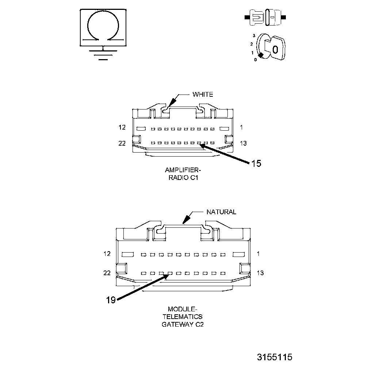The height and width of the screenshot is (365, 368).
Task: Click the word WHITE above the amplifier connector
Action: (x=203, y=95)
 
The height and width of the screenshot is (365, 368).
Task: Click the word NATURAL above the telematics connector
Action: (x=221, y=212)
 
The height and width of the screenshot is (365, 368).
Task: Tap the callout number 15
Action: (x=256, y=164)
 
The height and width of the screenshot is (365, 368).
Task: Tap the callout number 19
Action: (x=111, y=300)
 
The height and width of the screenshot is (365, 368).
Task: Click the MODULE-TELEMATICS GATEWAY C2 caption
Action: (x=183, y=316)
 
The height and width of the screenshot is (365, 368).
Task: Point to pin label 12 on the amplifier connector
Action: (x=122, y=127)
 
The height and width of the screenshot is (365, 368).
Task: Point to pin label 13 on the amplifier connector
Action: (x=243, y=143)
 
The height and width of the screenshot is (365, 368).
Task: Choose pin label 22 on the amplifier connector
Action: (x=122, y=143)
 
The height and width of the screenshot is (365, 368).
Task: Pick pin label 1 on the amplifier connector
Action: (x=241, y=127)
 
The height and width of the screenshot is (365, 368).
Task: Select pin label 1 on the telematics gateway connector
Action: (x=258, y=254)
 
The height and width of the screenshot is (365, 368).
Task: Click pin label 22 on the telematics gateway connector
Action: (x=107, y=273)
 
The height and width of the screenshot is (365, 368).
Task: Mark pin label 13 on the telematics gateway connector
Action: (x=260, y=273)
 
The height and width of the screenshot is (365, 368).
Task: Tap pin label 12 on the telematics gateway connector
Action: (x=107, y=254)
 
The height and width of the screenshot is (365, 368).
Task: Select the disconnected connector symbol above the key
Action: (x=265, y=17)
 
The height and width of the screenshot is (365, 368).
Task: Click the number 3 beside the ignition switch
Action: (x=253, y=35)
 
